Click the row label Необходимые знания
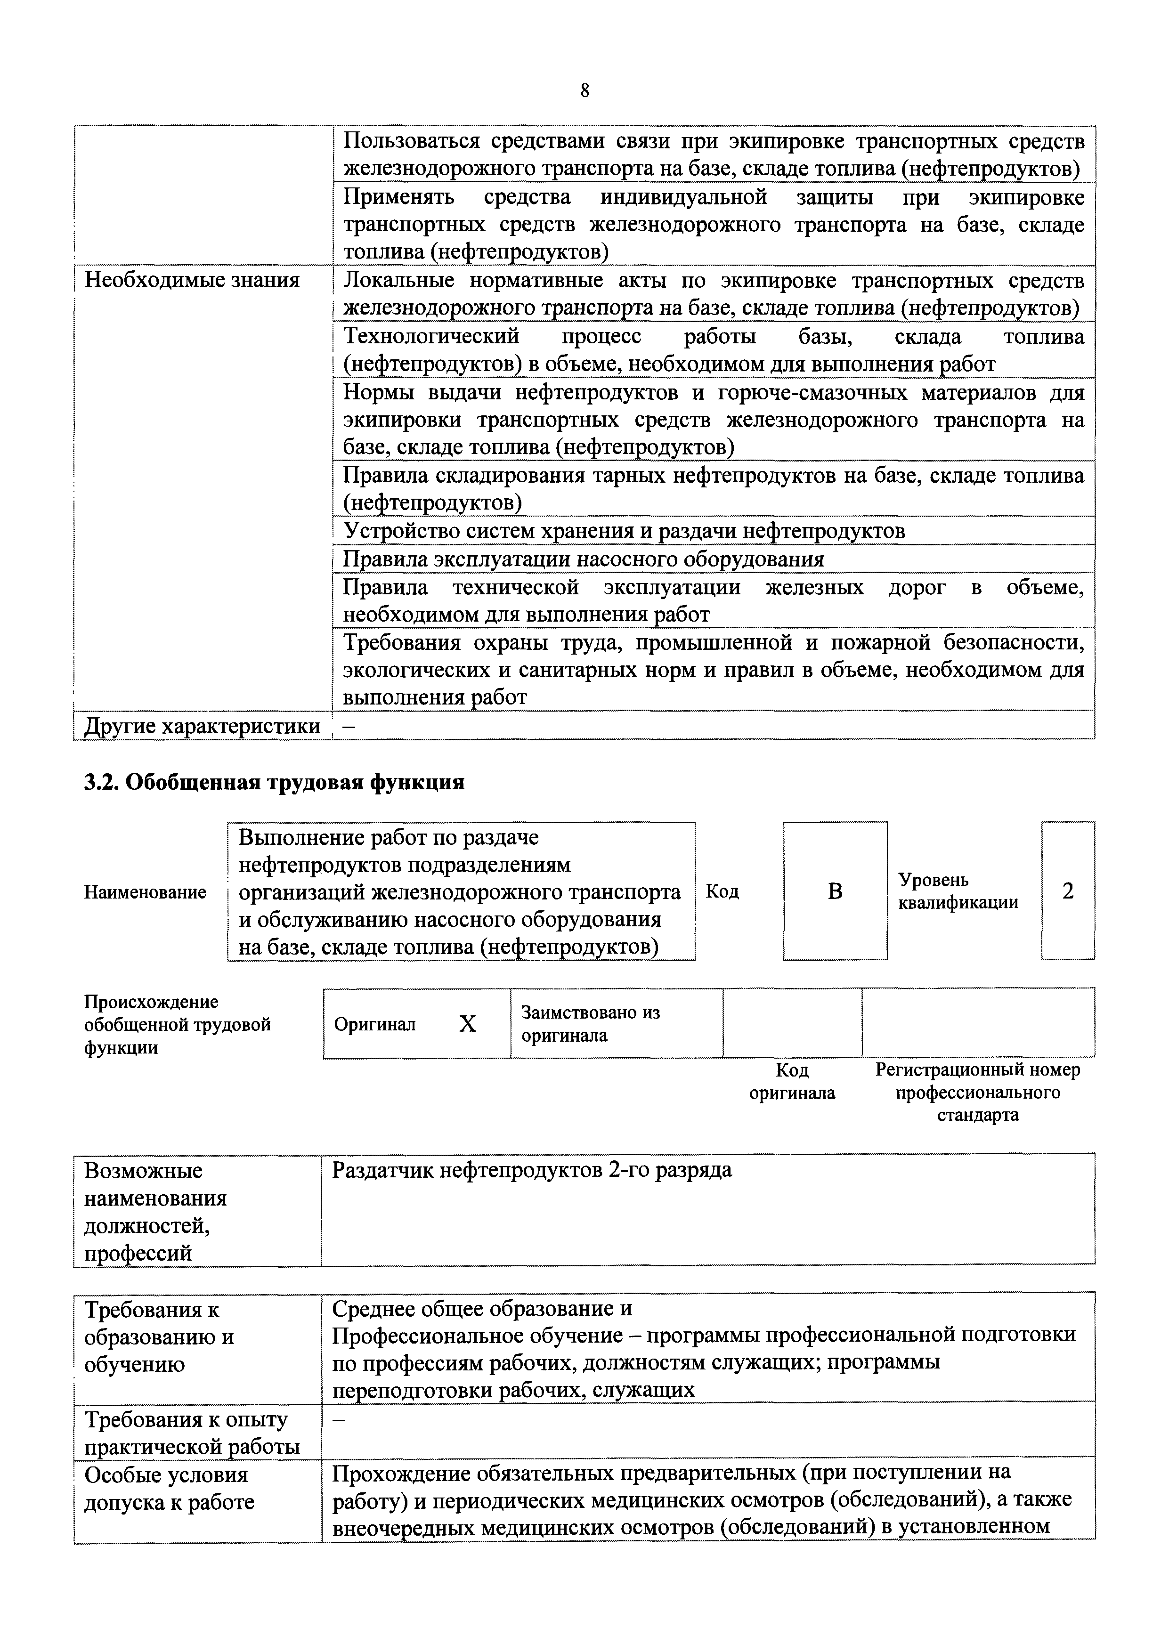[192, 280]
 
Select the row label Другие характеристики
[202, 727]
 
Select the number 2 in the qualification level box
[1068, 891]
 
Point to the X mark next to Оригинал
[467, 1024]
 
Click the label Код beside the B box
[722, 891]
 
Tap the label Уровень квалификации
[958, 891]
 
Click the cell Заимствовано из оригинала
[590, 1024]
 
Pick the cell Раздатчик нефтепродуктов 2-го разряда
[531, 1170]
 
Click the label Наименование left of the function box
[145, 892]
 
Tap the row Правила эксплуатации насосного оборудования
[583, 559]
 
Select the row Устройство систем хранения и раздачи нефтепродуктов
[624, 531]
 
